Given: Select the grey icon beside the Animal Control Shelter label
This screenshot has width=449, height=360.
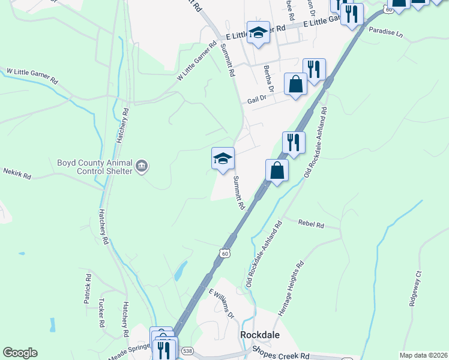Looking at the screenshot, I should [142, 166].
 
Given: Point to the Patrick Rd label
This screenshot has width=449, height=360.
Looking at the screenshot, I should [88, 288].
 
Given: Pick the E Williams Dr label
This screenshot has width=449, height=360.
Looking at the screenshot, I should [220, 305].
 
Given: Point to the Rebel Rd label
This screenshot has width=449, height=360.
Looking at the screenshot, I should [311, 224].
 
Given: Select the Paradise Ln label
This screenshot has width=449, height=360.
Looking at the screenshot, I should [385, 31].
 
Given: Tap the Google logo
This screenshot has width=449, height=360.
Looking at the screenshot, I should [20, 353].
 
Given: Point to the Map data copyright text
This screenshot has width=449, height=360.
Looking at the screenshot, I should [423, 355].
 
